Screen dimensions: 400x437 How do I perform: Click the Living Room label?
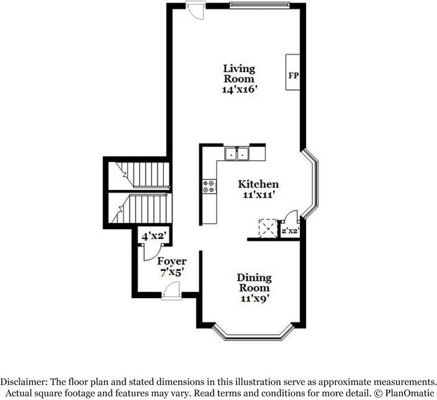pos(239,74)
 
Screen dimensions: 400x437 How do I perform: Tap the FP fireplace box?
pos(293,75)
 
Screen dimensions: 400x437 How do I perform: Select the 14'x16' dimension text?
pos(239,89)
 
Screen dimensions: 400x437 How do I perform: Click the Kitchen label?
pos(258,184)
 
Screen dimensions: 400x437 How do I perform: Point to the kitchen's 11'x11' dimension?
pos(258,195)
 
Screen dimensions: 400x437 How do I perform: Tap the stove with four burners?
pos(209,187)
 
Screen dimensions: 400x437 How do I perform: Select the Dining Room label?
pos(254,283)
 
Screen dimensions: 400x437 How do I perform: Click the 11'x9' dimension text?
pos(254,298)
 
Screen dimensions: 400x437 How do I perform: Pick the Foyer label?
pos(171,261)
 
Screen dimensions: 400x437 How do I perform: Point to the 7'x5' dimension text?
pos(171,271)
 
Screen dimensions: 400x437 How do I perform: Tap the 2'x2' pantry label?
pos(291,231)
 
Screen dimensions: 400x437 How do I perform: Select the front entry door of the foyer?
pos(171,292)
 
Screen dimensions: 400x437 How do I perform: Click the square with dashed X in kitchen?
pos(268,228)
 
